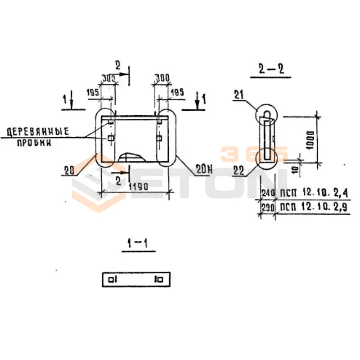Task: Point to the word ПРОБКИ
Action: click(34, 143)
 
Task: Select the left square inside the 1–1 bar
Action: click(111, 279)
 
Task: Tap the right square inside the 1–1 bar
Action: click(160, 279)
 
